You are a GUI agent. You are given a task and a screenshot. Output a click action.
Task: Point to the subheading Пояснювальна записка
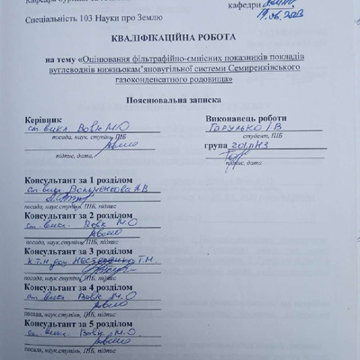tap(180, 101)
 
